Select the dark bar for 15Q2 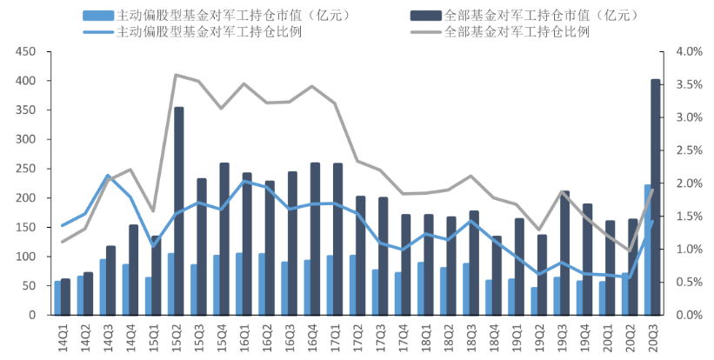(x=178, y=211)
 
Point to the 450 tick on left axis (x=25, y=52)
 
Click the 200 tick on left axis (x=25, y=198)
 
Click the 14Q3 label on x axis (x=107, y=337)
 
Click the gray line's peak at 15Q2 (x=176, y=75)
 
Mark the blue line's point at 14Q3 (x=108, y=176)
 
